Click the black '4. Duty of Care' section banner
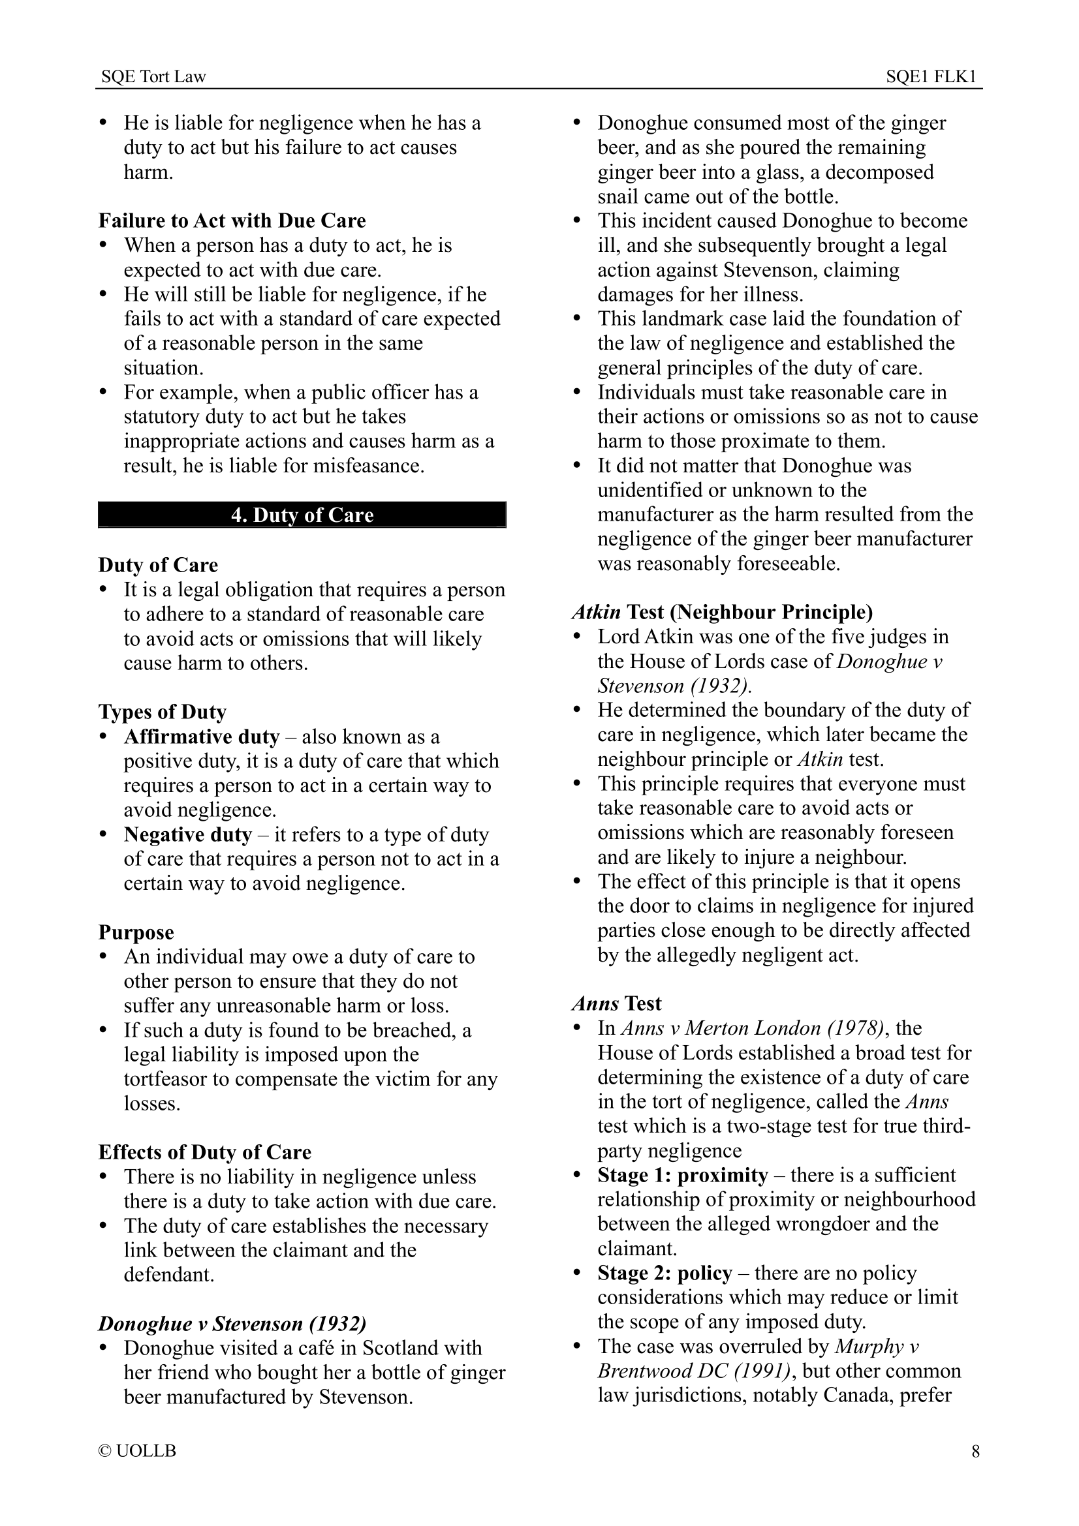coord(302,515)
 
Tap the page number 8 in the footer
coord(975,1451)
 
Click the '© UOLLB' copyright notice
coord(138,1451)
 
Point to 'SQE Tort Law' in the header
coord(153,77)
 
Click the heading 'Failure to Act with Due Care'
coord(232,221)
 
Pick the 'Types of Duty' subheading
coord(163,712)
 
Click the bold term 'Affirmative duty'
coord(202,737)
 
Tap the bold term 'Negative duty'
coord(187,835)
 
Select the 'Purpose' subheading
coord(136,932)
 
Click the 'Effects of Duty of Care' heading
coord(205,1152)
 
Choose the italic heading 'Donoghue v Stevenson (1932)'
coord(232,1323)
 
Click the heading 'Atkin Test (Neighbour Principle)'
coord(722,611)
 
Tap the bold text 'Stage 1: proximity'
coord(683,1175)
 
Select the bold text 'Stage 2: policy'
coord(665,1273)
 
